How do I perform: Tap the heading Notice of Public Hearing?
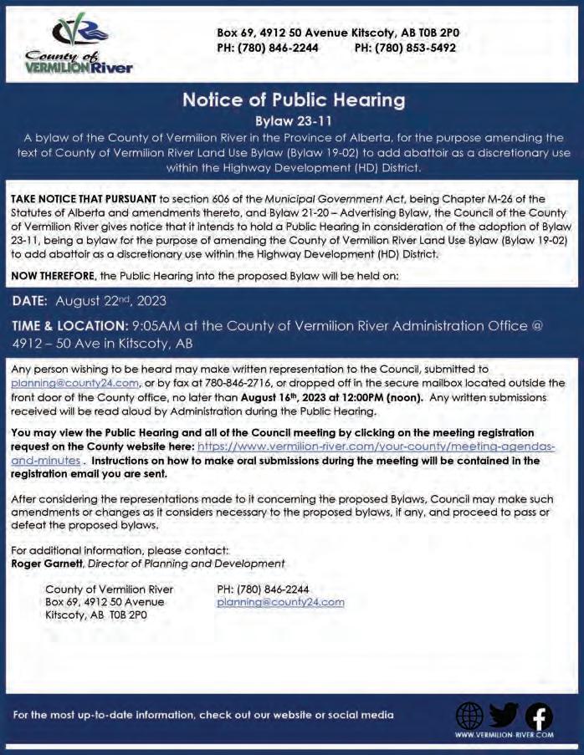click(293, 100)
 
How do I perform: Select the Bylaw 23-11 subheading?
click(293, 120)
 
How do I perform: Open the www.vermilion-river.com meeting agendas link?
click(377, 446)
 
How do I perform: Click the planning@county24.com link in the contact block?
click(280, 602)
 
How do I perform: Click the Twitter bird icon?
click(504, 716)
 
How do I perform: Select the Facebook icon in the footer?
click(538, 717)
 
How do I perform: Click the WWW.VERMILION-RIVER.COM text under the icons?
click(504, 735)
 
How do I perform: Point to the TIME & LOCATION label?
click(69, 325)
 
